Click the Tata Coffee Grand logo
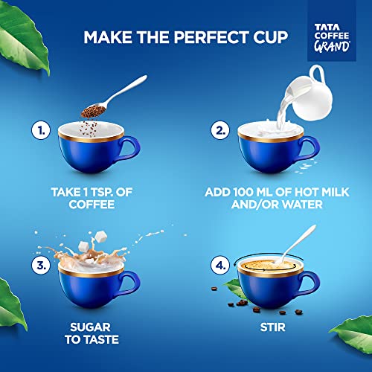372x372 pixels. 332,38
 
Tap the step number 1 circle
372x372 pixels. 41,130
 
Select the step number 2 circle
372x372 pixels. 220,130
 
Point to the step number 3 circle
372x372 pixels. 41,265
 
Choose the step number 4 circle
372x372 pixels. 220,265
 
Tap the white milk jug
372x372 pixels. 310,94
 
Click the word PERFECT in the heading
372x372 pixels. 211,37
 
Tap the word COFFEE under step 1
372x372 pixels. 92,205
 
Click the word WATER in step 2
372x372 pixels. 302,205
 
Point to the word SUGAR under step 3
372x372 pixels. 90,327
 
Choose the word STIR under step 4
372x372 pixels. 273,327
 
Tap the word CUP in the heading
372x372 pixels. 271,37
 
